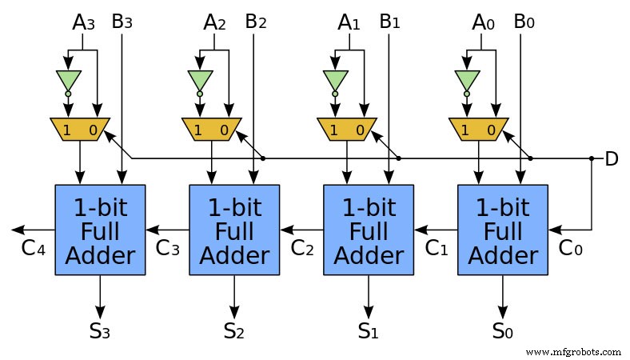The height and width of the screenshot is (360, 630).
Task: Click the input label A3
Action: pos(83,22)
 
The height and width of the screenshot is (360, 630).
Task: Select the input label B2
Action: pos(256,22)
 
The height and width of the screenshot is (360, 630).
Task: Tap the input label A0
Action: pos(484,22)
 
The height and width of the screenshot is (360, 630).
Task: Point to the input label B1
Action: pos(390,22)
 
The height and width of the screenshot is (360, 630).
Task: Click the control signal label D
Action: pos(612,159)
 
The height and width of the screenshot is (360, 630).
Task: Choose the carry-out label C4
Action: pos(32,248)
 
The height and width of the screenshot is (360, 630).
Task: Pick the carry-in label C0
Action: pos(571,248)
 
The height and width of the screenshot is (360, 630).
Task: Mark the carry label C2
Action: pos(301,248)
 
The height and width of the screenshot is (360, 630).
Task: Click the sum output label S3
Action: pos(100,330)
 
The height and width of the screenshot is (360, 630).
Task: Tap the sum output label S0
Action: pos(503,330)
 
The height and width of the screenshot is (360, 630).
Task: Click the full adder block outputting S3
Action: pos(100,230)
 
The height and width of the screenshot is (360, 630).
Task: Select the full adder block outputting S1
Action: pos(369,230)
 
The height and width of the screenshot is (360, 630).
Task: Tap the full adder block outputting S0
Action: pos(503,230)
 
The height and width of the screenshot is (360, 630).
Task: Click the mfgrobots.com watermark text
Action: pos(574,351)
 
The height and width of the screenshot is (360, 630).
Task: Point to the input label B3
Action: pos(122,22)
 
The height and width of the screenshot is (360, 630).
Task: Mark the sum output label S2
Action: pos(234,330)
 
